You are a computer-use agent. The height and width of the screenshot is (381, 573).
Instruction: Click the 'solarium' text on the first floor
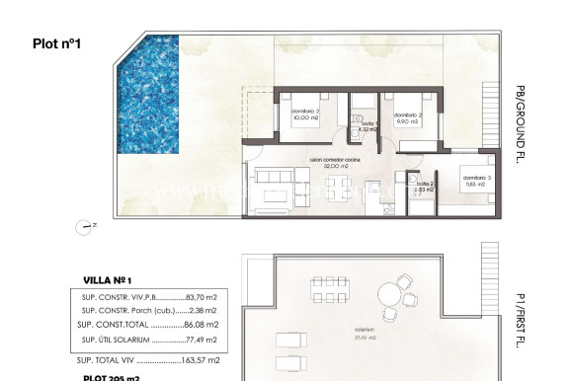click(x=366, y=331)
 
